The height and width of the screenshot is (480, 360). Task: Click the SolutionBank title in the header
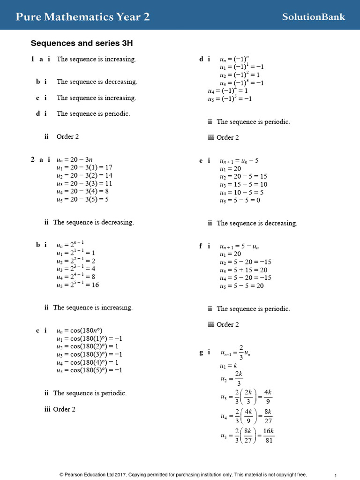pyautogui.click(x=313, y=17)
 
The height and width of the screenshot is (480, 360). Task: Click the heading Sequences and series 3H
pyautogui.click(x=82, y=43)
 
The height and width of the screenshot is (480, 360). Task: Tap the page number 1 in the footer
pyautogui.click(x=336, y=475)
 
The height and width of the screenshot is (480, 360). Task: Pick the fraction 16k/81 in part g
pyautogui.click(x=269, y=435)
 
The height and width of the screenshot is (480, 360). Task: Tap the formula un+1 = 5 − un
pyautogui.click(x=239, y=246)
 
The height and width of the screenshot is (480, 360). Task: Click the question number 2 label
pyautogui.click(x=33, y=160)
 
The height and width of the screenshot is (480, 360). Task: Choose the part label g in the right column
pyautogui.click(x=202, y=352)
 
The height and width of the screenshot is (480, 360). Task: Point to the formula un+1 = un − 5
pyautogui.click(x=239, y=160)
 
